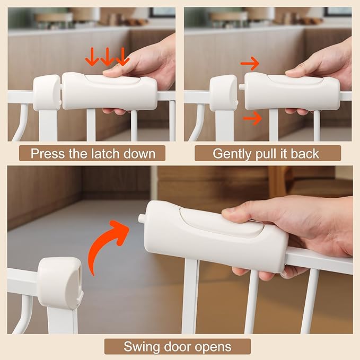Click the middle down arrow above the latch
108,57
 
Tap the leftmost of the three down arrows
93,57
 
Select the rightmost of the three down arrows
122,57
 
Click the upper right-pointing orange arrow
249,65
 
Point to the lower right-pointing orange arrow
253,118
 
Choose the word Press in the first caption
47,154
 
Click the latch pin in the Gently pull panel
241,86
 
